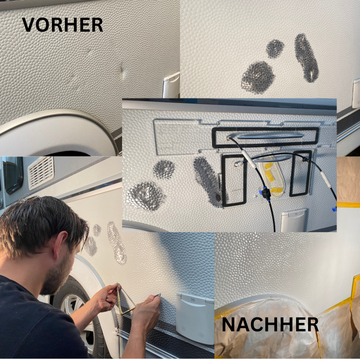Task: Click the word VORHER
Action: [62, 25]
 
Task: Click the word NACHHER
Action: [270, 324]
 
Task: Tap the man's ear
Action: [60, 244]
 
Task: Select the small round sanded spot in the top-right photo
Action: [275, 49]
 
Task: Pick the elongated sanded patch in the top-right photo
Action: [306, 58]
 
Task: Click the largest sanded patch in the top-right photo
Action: [258, 77]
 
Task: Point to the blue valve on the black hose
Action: [266, 194]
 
